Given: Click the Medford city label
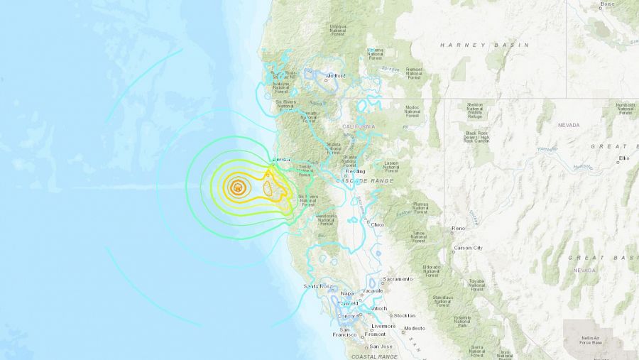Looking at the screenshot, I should [x=336, y=75].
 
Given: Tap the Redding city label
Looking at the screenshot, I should [x=355, y=171].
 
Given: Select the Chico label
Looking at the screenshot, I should [x=377, y=224].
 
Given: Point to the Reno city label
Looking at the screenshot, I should [x=458, y=229].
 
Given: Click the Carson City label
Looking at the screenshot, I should [x=468, y=248].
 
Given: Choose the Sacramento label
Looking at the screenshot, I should [x=398, y=279].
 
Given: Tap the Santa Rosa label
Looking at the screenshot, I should [x=318, y=286].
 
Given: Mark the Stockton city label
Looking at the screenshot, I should [x=405, y=315].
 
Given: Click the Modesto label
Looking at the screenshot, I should [x=414, y=328].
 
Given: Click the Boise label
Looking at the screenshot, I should [x=608, y=4].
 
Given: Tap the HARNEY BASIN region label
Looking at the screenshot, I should [x=484, y=45].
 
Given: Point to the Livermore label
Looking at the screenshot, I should [x=383, y=326].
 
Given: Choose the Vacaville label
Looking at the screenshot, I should [x=371, y=290].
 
